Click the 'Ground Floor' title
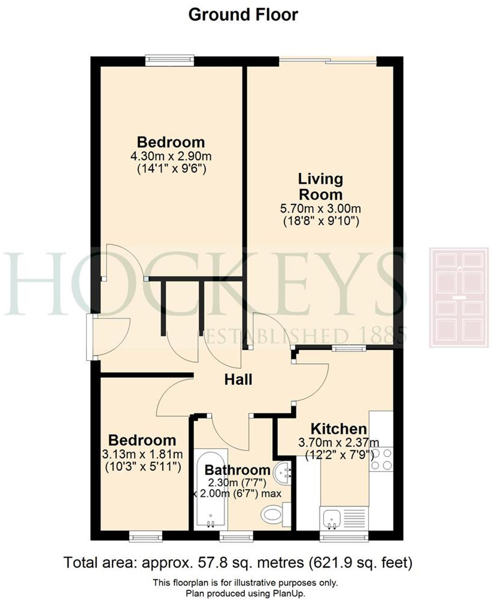[243, 15]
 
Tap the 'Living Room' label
[320, 187]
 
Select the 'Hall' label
[238, 380]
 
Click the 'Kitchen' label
[338, 429]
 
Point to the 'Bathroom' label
[237, 470]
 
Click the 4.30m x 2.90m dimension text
[171, 156]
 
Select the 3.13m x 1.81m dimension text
[143, 454]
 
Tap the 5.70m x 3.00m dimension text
[320, 209]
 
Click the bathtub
[211, 491]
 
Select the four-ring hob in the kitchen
[381, 459]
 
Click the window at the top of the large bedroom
[170, 60]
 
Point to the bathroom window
[236, 537]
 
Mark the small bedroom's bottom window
[145, 537]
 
